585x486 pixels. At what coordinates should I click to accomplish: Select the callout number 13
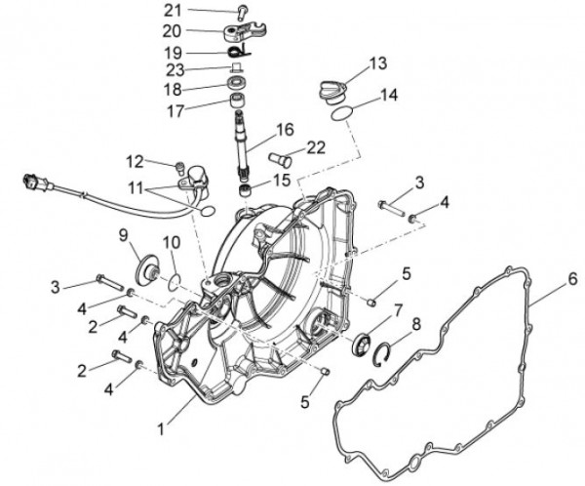tap(377, 64)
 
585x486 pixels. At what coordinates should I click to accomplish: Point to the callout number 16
tap(285, 129)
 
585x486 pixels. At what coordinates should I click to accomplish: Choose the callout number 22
tap(315, 147)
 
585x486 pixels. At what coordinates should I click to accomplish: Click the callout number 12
tap(133, 161)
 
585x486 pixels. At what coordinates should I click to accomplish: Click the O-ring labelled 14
tap(338, 115)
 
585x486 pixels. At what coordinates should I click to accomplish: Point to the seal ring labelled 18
tap(237, 86)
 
